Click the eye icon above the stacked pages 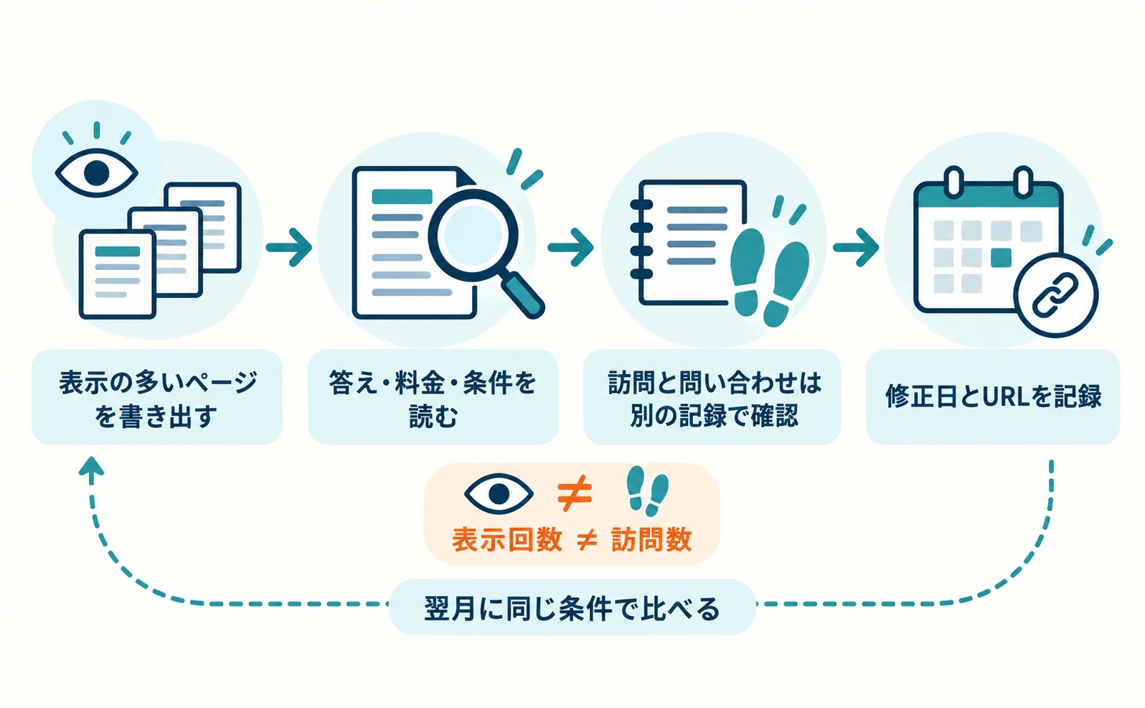click(96, 173)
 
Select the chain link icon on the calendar click(1055, 295)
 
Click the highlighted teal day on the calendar click(1001, 257)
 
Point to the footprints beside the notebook click(770, 276)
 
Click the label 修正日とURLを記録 click(993, 396)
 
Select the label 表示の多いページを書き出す click(157, 399)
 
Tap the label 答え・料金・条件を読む click(433, 399)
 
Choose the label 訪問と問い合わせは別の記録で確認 click(714, 399)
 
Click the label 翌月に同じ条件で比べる click(572, 608)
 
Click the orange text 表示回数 click(507, 539)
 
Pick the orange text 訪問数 click(651, 539)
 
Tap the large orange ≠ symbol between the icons click(575, 493)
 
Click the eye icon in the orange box click(499, 493)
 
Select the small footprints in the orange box click(648, 490)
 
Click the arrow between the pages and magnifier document click(289, 248)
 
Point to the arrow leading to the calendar click(856, 248)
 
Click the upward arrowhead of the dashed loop click(92, 468)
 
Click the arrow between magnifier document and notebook click(570, 248)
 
